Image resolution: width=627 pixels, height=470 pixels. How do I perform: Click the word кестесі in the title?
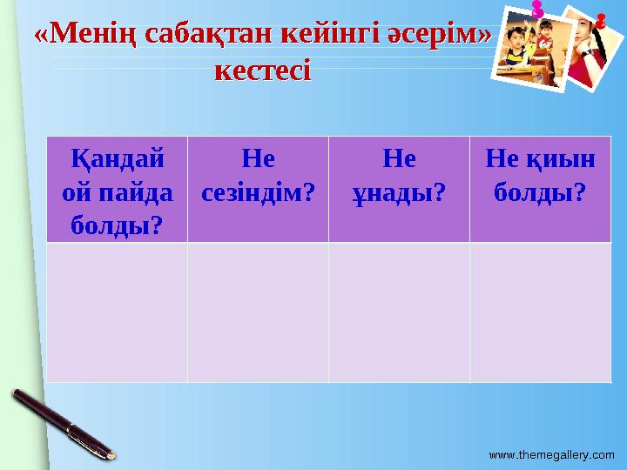[262, 70]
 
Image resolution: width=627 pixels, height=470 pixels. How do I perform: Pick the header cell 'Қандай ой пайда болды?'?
[117, 190]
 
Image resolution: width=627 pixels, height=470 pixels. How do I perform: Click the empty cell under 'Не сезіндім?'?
[258, 312]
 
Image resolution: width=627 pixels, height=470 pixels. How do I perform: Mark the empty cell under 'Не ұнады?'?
[399, 312]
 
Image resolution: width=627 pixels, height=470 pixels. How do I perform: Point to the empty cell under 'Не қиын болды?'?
[540, 312]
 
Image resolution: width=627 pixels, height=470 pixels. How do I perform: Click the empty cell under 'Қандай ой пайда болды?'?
[117, 312]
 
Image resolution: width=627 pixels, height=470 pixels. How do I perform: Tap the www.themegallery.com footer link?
[551, 454]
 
